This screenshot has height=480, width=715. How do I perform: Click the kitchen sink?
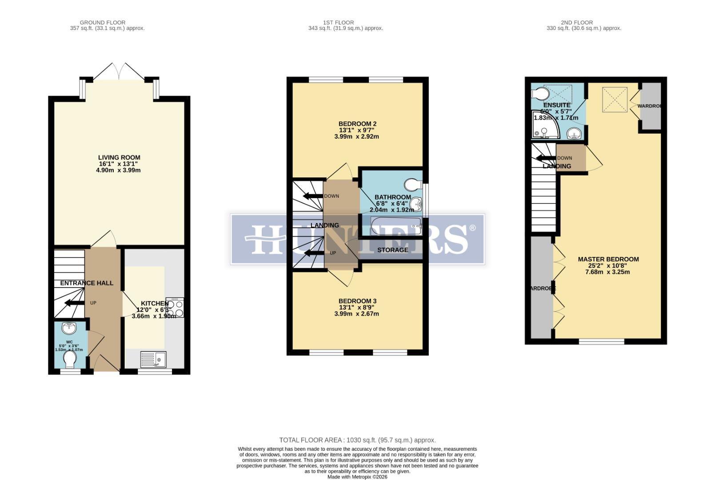point(153,359)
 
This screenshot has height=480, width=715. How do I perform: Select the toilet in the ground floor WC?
point(70,359)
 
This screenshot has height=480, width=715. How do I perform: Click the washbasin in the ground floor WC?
point(70,328)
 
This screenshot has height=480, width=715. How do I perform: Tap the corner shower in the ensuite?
point(545,126)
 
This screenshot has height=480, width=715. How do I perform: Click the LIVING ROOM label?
point(119,157)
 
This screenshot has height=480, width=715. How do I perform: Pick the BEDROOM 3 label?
point(357,301)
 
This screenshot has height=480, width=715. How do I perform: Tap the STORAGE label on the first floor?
point(392,250)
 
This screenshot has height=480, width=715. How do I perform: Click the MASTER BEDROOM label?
point(608,259)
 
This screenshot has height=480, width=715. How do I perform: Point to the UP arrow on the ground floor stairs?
point(74,303)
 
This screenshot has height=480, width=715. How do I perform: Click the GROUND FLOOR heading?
point(103,22)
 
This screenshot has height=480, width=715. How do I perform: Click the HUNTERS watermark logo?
point(358,239)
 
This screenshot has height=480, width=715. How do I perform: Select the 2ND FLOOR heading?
point(576,22)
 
